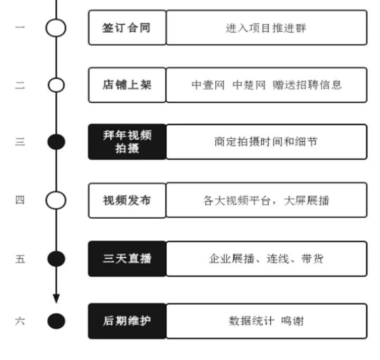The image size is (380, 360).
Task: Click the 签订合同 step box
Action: (x=127, y=27)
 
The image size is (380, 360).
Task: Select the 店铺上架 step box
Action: (x=127, y=84)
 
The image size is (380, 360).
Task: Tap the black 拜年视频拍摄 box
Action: (x=127, y=142)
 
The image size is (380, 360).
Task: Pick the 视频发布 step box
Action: (x=127, y=200)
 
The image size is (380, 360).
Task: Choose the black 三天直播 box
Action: (x=127, y=258)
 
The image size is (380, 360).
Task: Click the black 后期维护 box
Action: (x=127, y=320)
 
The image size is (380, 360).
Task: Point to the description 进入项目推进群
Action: (x=266, y=27)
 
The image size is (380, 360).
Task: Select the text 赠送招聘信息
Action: (x=307, y=84)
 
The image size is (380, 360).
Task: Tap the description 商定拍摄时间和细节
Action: (x=266, y=142)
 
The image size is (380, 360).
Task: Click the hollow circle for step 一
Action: (x=56, y=27)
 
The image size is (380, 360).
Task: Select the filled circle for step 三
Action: (x=56, y=142)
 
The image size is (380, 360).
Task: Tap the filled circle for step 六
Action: (x=56, y=320)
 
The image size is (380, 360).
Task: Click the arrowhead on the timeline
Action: (x=56, y=298)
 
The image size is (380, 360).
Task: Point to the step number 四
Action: (x=20, y=200)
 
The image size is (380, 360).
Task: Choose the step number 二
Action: (x=20, y=85)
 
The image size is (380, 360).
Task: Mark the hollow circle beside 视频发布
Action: (x=56, y=200)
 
